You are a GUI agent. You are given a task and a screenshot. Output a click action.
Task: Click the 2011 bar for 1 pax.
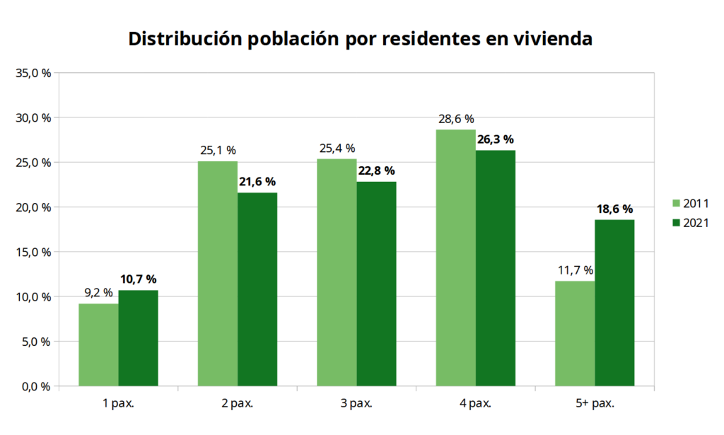[98, 345]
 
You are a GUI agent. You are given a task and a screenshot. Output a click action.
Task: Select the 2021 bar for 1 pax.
[138, 338]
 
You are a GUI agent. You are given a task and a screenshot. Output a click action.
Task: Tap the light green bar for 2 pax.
[217, 274]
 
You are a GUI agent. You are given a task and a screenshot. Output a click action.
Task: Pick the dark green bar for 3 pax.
[376, 284]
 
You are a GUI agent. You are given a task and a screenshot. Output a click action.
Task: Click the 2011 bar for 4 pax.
[455, 258]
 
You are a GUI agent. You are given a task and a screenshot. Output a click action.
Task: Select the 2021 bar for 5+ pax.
[614, 303]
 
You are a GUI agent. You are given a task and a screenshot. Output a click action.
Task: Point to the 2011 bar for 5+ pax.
[575, 334]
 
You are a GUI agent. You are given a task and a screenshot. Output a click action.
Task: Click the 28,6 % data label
[455, 119]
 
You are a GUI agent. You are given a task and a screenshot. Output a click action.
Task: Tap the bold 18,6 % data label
[614, 209]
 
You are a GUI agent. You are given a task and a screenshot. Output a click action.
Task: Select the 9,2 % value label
[98, 293]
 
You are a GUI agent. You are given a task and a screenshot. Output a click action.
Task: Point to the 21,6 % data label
[257, 182]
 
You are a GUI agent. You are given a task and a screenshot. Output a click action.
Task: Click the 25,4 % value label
[336, 148]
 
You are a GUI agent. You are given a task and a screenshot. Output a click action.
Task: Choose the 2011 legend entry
[689, 204]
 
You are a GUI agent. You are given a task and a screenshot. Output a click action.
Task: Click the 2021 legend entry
[689, 223]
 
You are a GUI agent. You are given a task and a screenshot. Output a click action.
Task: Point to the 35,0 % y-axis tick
[33, 73]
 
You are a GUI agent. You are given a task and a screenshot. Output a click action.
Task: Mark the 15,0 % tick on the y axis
[33, 252]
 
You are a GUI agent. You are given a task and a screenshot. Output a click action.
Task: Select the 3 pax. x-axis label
[356, 404]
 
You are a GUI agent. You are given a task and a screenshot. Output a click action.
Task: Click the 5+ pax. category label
[595, 404]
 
